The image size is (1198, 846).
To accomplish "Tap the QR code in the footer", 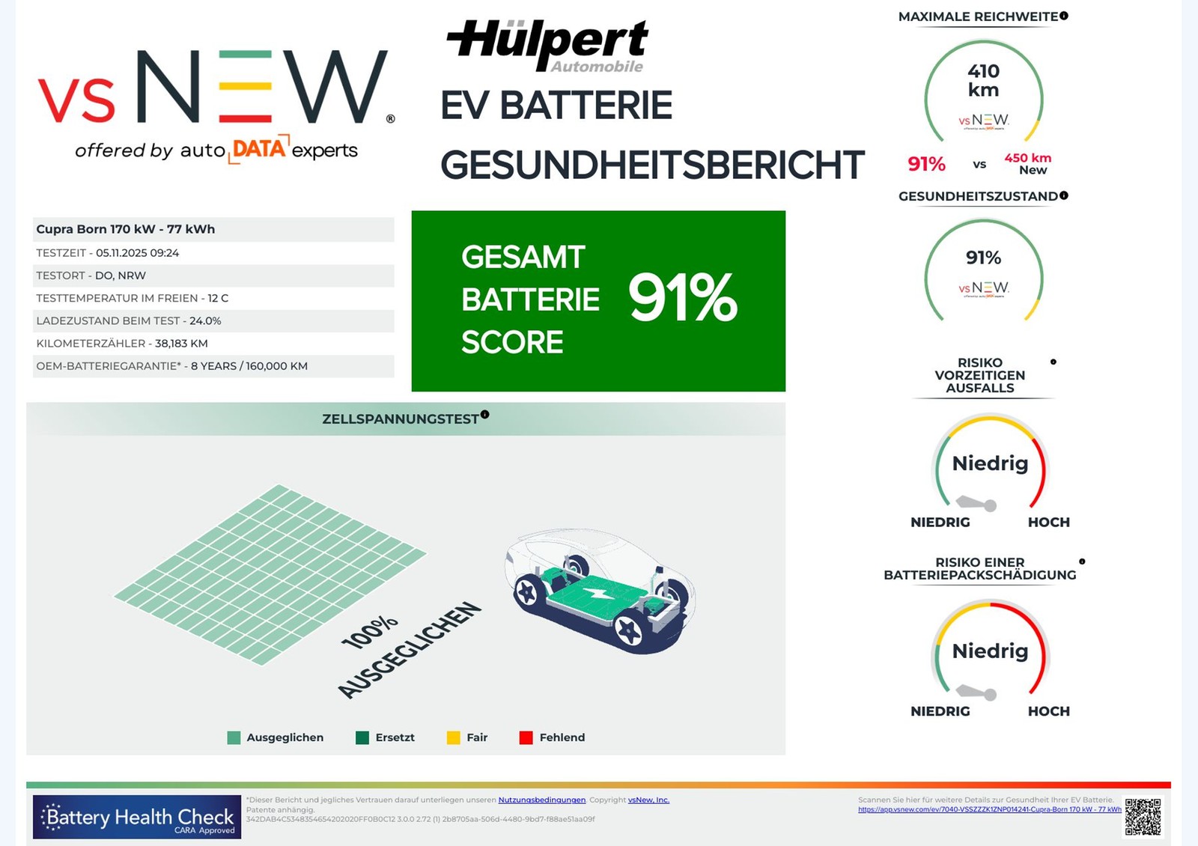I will tap(1143, 816).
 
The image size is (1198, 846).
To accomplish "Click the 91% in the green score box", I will tap(683, 298).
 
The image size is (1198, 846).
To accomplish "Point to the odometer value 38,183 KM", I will tap(181, 344).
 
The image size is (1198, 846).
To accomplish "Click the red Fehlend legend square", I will tap(526, 737).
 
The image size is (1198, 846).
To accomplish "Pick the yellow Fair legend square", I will tap(453, 737).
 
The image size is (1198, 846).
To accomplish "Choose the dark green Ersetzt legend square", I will tap(362, 737).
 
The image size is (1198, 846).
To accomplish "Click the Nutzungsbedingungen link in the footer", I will tap(541, 800).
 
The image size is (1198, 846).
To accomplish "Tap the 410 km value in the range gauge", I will tap(983, 80).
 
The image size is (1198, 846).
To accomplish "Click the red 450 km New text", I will tap(1028, 163).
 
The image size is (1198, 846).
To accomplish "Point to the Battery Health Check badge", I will tap(137, 817).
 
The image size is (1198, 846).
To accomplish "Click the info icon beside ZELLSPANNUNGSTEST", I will tap(485, 414).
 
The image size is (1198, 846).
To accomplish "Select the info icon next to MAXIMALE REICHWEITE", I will tap(1064, 16).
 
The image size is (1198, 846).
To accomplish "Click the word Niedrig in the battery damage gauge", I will tap(990, 651).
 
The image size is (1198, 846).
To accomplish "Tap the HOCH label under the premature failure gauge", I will tap(1048, 522).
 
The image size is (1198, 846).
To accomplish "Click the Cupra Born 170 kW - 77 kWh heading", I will tap(126, 229).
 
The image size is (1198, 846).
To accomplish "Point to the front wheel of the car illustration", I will tap(629, 631).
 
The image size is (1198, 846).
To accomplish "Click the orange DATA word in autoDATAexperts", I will tap(258, 148).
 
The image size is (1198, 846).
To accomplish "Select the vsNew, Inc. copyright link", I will tap(648, 800).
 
